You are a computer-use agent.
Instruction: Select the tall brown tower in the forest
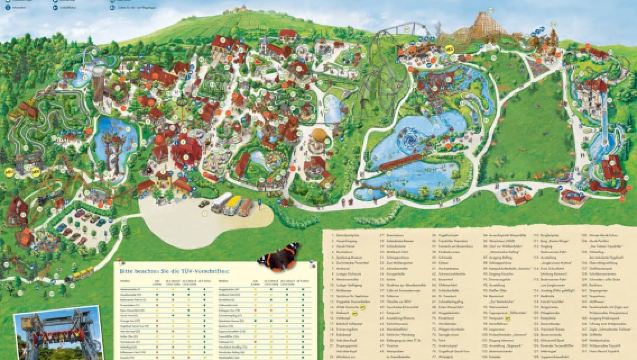(97, 88)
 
